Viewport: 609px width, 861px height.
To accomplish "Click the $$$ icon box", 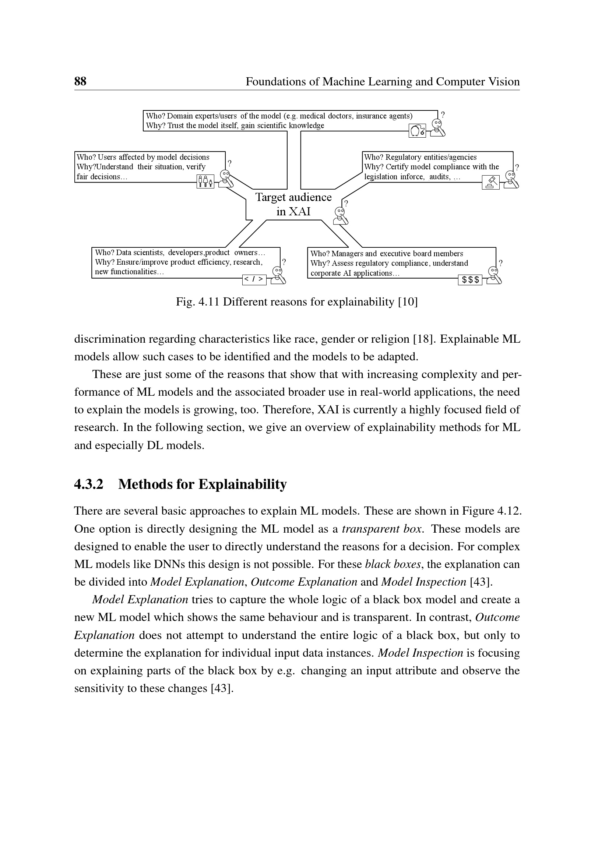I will pos(470,280).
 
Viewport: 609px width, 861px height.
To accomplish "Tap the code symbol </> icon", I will pos(254,279).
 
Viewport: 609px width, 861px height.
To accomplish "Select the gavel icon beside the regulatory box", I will pos(490,182).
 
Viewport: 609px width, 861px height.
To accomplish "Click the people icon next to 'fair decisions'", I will pos(205,181).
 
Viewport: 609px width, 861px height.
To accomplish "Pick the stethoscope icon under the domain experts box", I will pos(417,131).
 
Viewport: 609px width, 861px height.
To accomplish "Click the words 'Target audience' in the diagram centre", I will pos(293,197).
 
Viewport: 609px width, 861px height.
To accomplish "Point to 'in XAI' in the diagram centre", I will pos(293,212).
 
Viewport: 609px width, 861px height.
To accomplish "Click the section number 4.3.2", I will pos(88,484).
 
